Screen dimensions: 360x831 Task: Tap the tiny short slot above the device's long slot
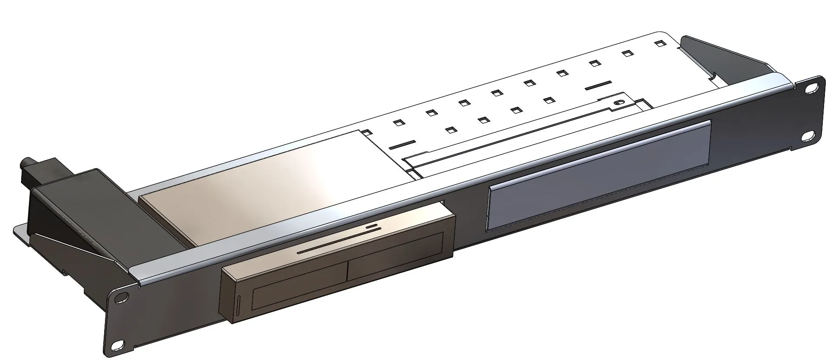click(x=372, y=226)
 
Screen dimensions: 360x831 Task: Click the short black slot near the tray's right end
click(x=600, y=86)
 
